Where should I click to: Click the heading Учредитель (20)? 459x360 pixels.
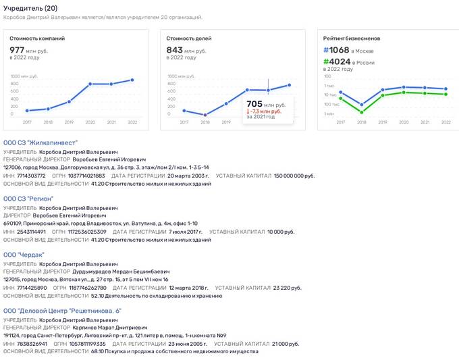pyautogui.click(x=30, y=7)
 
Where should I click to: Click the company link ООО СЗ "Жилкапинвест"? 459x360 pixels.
pyautogui.click(x=40, y=143)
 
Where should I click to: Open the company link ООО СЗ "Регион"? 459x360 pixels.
pyautogui.click(x=28, y=199)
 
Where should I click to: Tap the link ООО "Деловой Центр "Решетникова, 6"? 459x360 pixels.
pyautogui.click(x=62, y=311)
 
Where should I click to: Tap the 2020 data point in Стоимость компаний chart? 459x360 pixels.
pyautogui.click(x=90, y=84)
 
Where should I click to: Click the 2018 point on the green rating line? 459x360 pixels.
pyautogui.click(x=362, y=111)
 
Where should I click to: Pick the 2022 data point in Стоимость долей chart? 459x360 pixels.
pyautogui.click(x=290, y=84)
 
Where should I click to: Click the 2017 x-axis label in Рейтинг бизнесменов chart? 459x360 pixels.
pyautogui.click(x=341, y=122)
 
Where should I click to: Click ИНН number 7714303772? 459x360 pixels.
pyautogui.click(x=31, y=176)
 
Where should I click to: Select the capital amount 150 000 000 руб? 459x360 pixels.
pyautogui.click(x=294, y=176)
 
